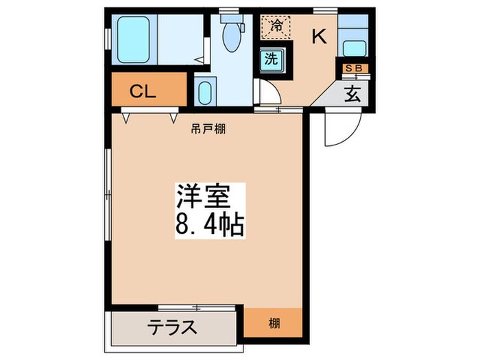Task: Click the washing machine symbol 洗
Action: click(x=272, y=58)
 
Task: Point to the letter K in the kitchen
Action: click(x=320, y=38)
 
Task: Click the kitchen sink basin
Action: click(x=353, y=49)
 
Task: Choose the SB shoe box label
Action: click(x=356, y=68)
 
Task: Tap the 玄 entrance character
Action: click(x=352, y=94)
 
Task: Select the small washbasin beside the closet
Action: click(x=204, y=92)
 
